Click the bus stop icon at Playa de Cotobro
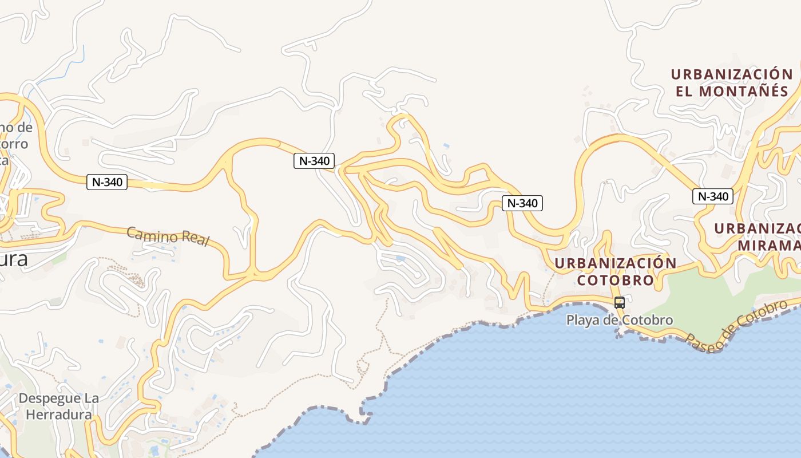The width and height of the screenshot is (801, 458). coord(619,303)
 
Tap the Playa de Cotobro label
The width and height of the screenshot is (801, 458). coord(620,320)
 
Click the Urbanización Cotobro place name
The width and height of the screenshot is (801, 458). coord(615,272)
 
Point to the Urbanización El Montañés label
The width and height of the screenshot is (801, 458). coord(732,82)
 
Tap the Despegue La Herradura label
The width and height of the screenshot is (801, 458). coord(58,406)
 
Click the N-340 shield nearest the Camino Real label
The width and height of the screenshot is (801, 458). coord(107,182)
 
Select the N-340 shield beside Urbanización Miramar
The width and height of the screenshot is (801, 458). coord(712,196)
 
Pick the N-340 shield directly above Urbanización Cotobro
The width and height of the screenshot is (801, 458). coord(522,203)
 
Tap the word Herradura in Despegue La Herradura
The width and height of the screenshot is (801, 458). coord(58,414)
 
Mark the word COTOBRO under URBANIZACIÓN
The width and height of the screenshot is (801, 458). coord(615,281)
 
